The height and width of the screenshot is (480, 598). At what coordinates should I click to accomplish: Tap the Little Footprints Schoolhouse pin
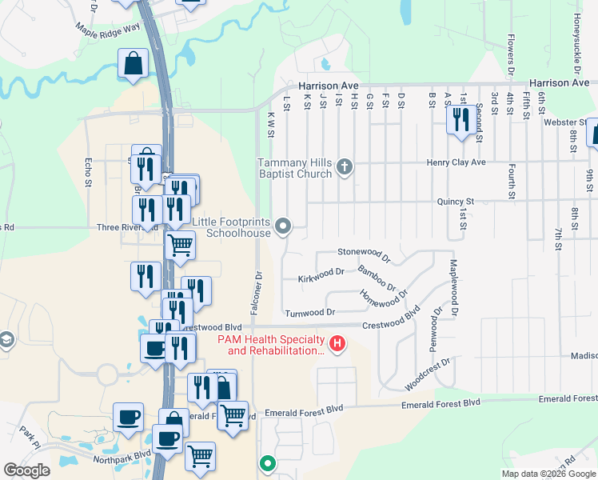[283, 227]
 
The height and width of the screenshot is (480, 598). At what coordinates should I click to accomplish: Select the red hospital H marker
[337, 345]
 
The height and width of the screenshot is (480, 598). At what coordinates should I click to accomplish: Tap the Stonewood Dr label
[363, 252]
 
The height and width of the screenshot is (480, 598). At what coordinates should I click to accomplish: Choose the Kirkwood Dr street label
[321, 272]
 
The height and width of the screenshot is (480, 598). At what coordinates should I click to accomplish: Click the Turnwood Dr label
[309, 311]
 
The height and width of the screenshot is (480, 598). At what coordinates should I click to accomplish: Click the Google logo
[26, 470]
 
